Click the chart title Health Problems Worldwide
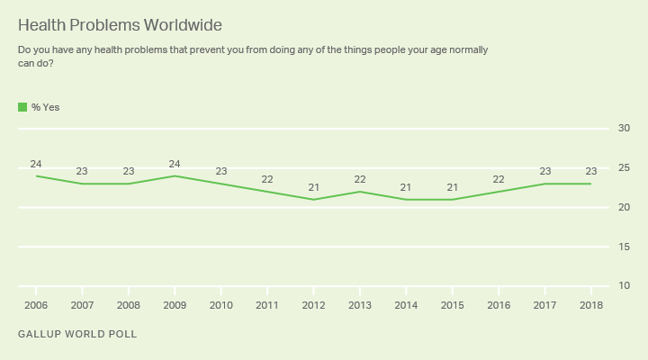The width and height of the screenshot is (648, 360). [x=120, y=24]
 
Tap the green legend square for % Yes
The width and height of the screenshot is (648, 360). [x=22, y=107]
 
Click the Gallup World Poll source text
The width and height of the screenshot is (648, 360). [x=77, y=334]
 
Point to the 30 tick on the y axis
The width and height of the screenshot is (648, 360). [x=623, y=129]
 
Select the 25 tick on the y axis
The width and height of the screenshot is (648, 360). [x=623, y=168]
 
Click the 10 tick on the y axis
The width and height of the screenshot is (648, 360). [x=623, y=286]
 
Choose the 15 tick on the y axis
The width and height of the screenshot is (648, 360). [x=623, y=247]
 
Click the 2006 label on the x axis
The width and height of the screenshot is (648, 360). [x=36, y=305]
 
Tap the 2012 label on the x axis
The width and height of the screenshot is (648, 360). [x=313, y=305]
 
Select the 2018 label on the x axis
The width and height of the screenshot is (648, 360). [x=589, y=305]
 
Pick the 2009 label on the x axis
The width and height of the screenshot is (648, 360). [x=175, y=305]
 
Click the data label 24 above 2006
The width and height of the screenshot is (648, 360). [x=36, y=164]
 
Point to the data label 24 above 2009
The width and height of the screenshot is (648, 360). [x=175, y=164]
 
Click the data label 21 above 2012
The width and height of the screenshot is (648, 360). [x=313, y=187]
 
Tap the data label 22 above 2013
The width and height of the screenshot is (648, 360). [x=359, y=179]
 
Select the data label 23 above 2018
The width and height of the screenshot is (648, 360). [x=589, y=171]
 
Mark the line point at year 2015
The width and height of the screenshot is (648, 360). [x=451, y=200]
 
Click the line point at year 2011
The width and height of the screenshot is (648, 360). [x=266, y=192]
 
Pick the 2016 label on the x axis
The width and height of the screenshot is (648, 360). [x=498, y=305]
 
